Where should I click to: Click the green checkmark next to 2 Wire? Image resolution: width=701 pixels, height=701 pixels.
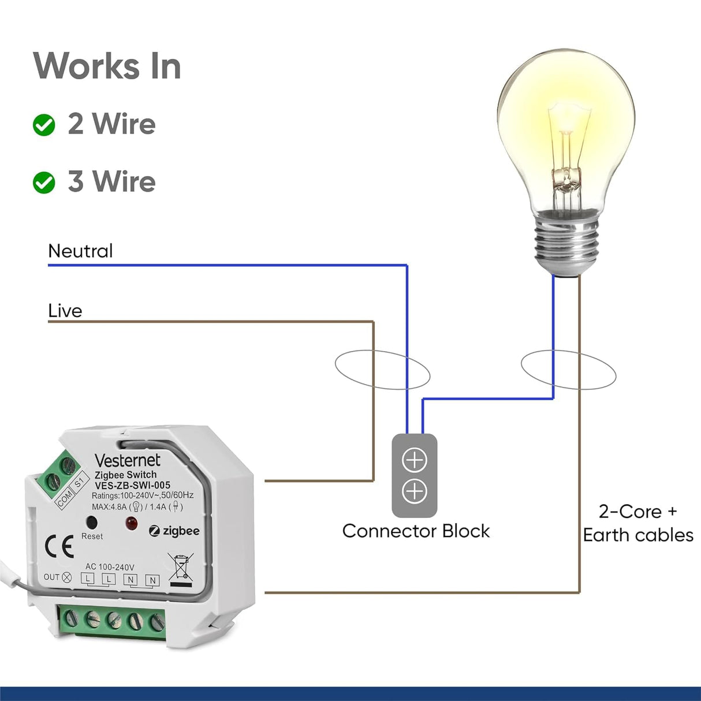coord(44,125)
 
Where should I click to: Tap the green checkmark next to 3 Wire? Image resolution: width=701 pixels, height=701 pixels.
coord(44,182)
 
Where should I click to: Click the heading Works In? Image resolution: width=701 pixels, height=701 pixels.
coord(107,66)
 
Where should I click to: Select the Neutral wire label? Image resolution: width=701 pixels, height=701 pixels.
coord(80,251)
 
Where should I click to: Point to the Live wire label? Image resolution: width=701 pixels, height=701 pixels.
coord(65,311)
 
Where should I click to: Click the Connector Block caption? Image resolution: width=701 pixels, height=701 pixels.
coord(416,531)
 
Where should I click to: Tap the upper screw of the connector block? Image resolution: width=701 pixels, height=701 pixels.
coord(415,460)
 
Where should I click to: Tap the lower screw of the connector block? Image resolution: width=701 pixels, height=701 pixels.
coord(415,491)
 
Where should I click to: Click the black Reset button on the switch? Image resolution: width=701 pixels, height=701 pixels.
coord(91,523)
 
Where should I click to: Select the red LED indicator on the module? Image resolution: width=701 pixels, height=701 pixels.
coord(132,524)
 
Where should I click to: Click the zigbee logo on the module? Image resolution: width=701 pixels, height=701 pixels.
coord(174,531)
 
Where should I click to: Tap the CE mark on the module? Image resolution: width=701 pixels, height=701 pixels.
coord(59,546)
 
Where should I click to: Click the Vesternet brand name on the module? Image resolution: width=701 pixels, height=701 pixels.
coord(127,460)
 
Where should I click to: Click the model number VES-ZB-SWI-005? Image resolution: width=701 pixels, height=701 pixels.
coord(132,485)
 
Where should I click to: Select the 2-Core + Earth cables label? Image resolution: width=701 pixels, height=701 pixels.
coord(638,523)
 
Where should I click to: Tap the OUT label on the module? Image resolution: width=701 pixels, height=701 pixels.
coord(51,577)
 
